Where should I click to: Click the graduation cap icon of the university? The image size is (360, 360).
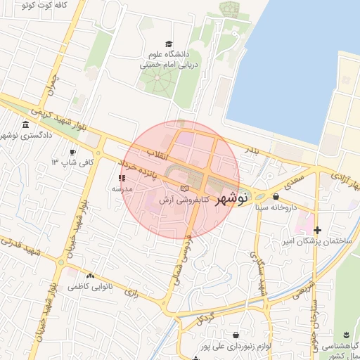(168, 44)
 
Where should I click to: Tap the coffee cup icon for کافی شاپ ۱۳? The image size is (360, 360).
(72, 153)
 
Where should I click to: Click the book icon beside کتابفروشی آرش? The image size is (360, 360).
(184, 189)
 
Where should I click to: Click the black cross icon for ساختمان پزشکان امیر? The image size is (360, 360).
(318, 230)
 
